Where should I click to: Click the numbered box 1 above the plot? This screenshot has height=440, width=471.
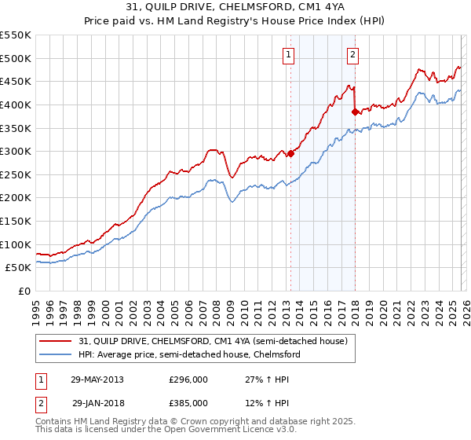point(290,54)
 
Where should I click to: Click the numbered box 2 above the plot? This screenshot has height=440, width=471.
point(353,54)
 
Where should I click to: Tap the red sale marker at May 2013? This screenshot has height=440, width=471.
point(290,153)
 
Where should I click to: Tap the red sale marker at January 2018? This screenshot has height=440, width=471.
point(355,112)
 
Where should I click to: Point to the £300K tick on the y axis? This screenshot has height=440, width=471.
point(16,151)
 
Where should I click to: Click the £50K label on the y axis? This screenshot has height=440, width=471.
point(19,268)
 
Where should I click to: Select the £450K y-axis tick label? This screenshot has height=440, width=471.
point(16,81)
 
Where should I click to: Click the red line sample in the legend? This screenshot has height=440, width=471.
point(56,341)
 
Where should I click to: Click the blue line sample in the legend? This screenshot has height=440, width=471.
point(56,354)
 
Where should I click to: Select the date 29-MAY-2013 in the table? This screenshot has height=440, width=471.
point(97,379)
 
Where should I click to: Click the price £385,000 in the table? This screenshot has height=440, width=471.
point(188,403)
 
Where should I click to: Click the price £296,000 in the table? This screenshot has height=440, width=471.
point(188,379)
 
